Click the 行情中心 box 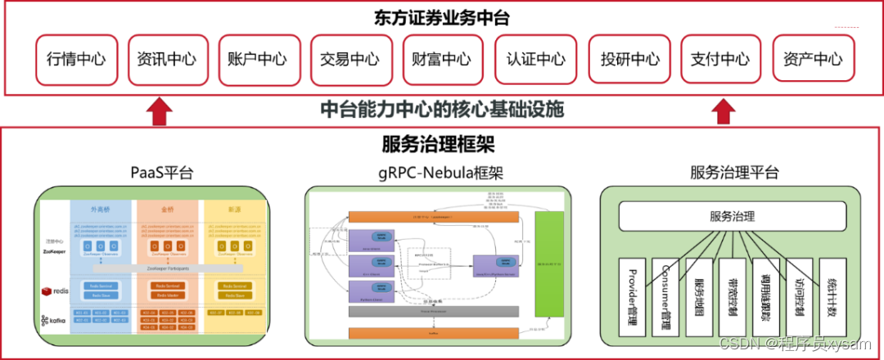(x=76, y=59)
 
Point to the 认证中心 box (x=536, y=59)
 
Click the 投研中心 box (x=629, y=59)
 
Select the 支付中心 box (x=720, y=59)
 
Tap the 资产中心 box (x=813, y=59)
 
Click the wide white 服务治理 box (x=732, y=217)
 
